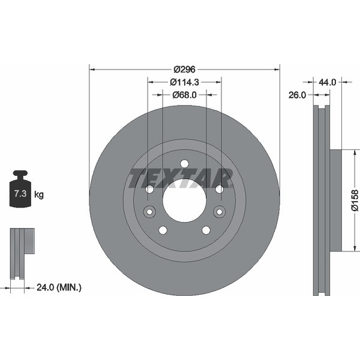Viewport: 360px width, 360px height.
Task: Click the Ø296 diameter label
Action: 184,70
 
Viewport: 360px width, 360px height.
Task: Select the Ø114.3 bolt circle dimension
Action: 184,82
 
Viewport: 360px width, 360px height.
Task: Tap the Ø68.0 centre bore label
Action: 184,95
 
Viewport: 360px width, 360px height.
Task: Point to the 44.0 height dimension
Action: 327,82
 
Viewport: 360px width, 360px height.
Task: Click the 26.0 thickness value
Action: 297,95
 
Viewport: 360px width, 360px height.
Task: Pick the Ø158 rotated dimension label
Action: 355,200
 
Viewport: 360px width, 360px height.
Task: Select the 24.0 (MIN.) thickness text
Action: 59,287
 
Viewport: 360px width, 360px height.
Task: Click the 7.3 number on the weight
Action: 20,194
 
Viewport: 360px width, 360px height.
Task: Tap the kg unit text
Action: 39,194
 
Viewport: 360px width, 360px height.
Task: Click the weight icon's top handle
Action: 20,173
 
